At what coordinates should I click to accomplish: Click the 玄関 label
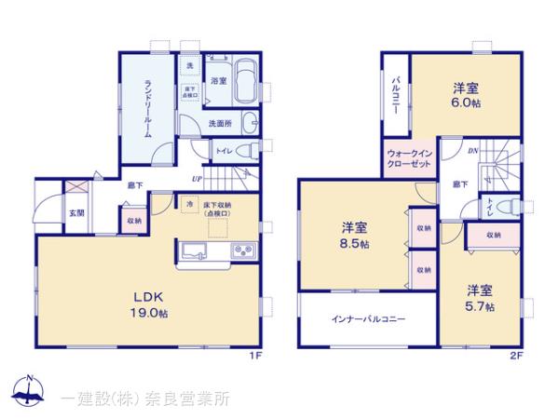coord(73,212)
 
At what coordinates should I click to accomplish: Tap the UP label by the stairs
coord(197,180)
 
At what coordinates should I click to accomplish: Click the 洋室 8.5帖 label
coord(354,235)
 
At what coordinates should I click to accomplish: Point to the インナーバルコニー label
coord(369,319)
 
